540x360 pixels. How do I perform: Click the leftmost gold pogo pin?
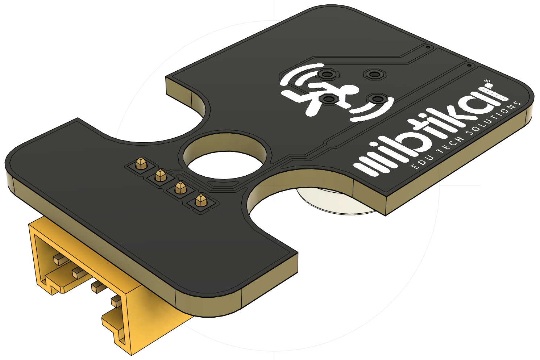(141, 163)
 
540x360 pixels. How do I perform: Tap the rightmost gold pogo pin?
(201, 201)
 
